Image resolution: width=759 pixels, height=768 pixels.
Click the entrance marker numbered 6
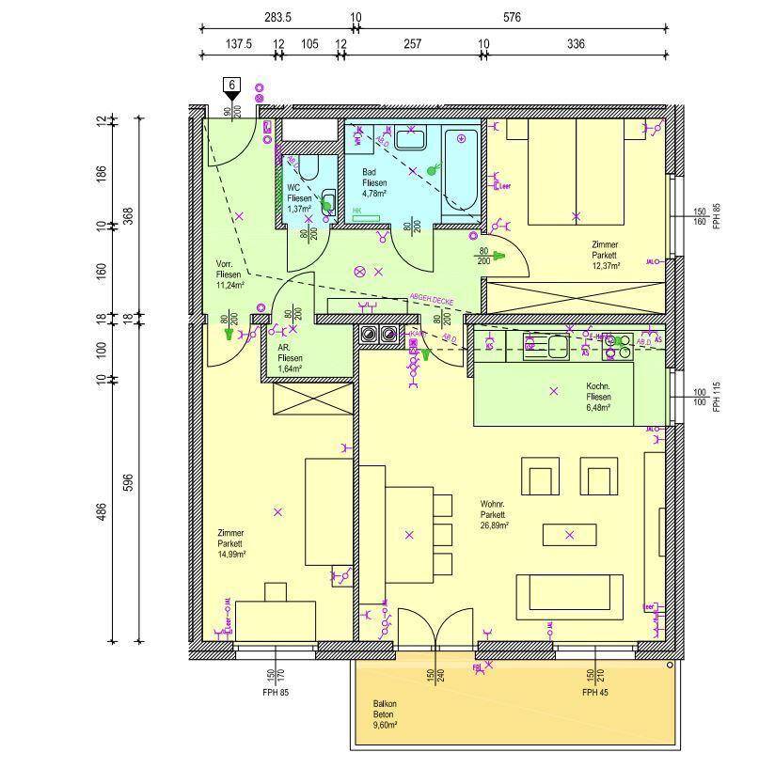(231, 86)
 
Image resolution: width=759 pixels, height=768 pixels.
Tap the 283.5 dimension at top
(277, 17)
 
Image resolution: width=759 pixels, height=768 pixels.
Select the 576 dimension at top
(511, 17)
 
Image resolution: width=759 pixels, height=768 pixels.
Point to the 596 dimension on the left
(129, 482)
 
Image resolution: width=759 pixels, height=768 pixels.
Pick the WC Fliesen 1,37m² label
(299, 198)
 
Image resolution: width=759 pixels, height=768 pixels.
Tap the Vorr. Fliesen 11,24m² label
(229, 274)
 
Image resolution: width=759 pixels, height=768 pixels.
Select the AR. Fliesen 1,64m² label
(290, 358)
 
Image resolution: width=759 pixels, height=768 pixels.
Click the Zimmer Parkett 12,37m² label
(605, 255)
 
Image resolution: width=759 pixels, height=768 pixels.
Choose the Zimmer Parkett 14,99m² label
(230, 543)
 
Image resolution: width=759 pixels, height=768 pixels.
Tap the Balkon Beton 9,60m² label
(385, 715)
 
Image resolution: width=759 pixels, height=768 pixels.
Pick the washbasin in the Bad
(411, 140)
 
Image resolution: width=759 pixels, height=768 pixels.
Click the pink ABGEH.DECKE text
(431, 300)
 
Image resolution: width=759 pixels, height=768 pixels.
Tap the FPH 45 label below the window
(591, 693)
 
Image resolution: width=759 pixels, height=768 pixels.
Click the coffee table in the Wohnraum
(569, 535)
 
